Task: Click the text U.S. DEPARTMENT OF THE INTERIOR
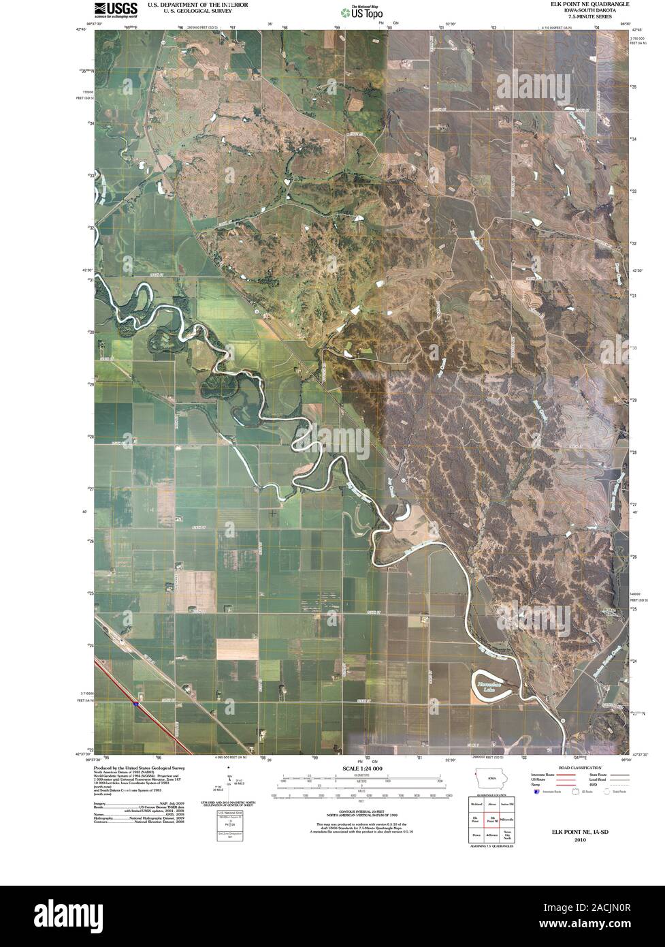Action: tap(198, 4)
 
